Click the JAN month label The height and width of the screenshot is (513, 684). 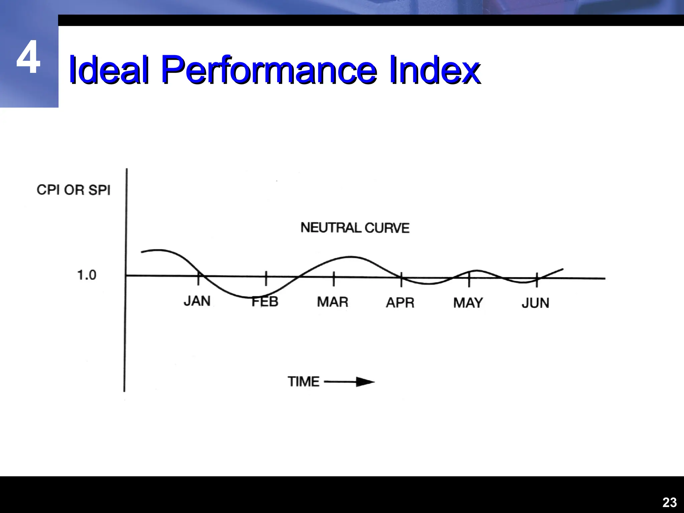tap(197, 301)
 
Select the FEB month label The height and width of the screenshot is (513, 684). tap(265, 302)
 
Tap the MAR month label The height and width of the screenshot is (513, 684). tap(332, 302)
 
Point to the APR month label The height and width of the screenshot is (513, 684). tap(400, 303)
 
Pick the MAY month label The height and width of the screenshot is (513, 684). tap(468, 303)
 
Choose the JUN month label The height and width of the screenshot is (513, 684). tap(535, 303)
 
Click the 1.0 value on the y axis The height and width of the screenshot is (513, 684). tap(87, 275)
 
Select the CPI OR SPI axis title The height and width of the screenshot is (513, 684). tap(73, 190)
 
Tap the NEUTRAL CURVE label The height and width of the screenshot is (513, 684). tap(355, 228)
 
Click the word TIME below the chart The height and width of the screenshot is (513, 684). tap(304, 381)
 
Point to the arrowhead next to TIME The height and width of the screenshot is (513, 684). tap(365, 382)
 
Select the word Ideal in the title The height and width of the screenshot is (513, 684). tap(109, 70)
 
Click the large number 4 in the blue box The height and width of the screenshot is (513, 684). tap(29, 57)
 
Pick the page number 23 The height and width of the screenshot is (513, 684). tap(669, 502)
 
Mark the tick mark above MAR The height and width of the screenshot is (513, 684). tap(334, 279)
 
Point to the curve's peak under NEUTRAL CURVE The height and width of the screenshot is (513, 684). tap(350, 256)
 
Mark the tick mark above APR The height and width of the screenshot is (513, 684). tap(401, 279)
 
